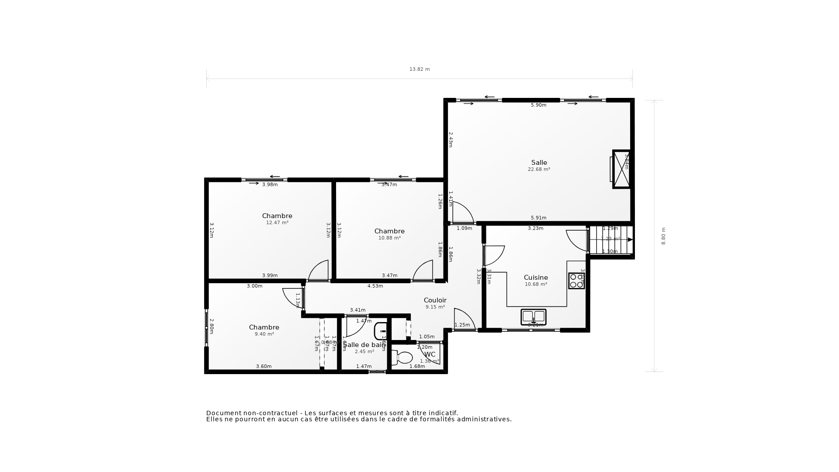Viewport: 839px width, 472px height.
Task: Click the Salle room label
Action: coord(539,163)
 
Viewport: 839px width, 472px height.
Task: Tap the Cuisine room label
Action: coord(536,278)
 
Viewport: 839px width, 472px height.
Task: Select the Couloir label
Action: coord(435,300)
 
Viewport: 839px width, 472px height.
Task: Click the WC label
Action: coord(430,354)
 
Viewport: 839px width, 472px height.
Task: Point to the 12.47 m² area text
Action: coord(277,222)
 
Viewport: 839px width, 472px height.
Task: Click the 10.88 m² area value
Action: coord(389,238)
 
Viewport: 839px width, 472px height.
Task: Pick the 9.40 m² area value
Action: coord(264,334)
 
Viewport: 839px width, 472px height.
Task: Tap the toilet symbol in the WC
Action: coord(402,357)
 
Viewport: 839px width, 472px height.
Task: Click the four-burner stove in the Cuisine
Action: coord(576,281)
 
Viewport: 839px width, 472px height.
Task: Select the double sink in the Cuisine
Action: coord(533,316)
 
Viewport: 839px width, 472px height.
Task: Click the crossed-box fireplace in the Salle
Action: coord(621,169)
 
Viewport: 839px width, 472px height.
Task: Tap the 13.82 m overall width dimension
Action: coord(419,69)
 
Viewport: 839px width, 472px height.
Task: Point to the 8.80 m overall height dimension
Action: coord(663,236)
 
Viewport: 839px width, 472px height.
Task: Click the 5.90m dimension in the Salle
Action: coord(538,105)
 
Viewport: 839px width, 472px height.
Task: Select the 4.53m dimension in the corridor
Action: coord(375,286)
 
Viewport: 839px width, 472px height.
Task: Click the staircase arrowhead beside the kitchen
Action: coord(630,239)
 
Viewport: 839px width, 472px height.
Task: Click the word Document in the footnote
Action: coord(223,413)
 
